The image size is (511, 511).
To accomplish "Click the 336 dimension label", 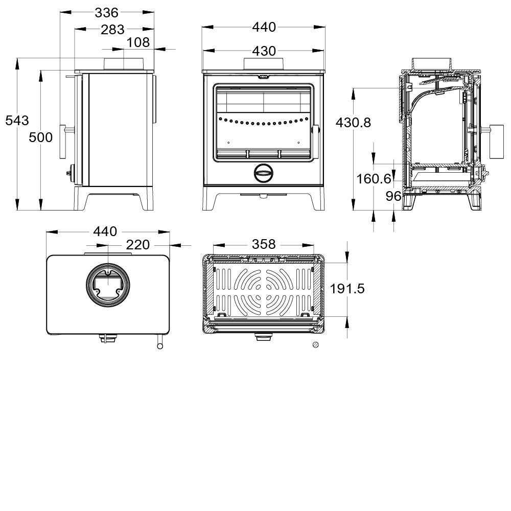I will tap(106, 12).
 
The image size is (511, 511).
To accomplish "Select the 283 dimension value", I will tap(112, 30).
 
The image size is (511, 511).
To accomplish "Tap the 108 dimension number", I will tap(138, 42).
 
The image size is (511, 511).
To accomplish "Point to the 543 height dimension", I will tap(17, 121).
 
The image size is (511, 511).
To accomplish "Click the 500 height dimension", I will tap(40, 137).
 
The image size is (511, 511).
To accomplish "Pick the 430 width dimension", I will tap(264, 51).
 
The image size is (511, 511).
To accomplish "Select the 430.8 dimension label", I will tap(353, 123).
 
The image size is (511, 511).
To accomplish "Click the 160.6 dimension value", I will tap(374, 179).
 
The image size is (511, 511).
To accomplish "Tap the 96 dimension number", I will tap(393, 196).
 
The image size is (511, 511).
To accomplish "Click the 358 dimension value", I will tap(264, 244).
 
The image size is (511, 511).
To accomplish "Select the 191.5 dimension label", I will tap(347, 289).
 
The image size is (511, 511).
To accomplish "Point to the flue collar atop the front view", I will tap(264, 64).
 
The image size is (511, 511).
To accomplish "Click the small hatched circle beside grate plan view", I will tap(316, 345).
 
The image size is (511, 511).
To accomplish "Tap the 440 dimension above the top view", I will tap(105, 231).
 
